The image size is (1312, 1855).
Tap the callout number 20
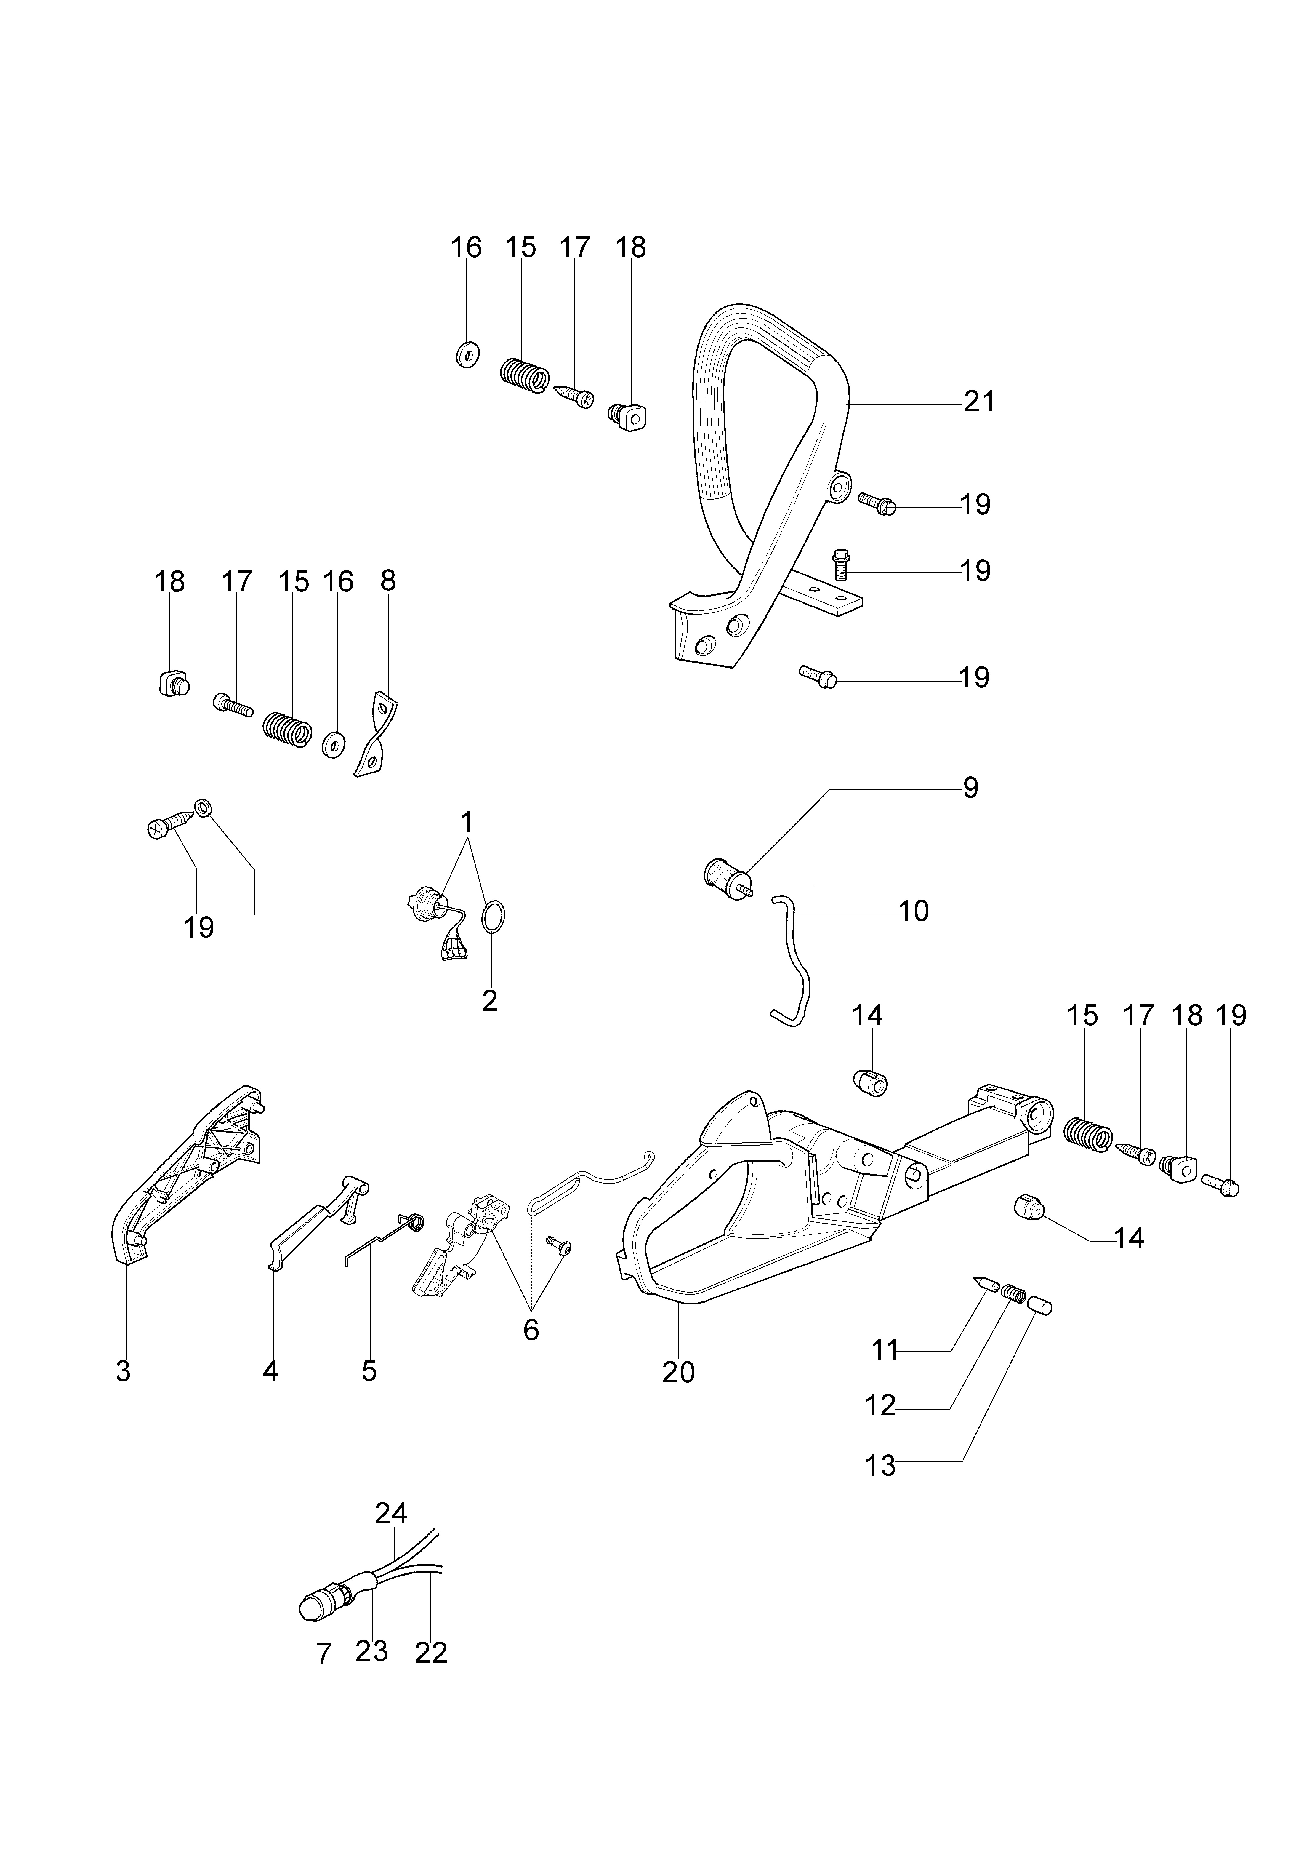678,1372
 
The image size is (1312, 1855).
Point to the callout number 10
914,911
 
